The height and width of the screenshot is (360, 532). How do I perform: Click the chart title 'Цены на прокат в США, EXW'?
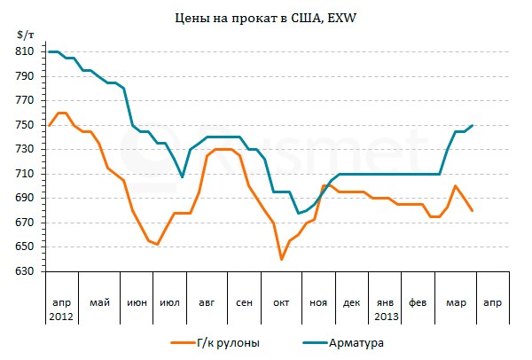click(x=265, y=17)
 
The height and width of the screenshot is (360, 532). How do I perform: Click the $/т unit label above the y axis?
click(x=25, y=34)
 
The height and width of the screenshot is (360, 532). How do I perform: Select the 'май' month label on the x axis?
click(x=99, y=303)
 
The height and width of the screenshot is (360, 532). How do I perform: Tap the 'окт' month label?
click(x=281, y=303)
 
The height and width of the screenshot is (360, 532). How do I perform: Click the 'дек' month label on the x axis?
click(x=351, y=303)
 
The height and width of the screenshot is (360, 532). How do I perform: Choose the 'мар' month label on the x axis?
click(x=455, y=303)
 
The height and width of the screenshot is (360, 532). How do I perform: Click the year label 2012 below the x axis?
click(x=61, y=317)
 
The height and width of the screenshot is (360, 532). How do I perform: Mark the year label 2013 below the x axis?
click(x=387, y=317)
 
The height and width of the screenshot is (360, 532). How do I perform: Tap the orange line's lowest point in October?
click(x=281, y=259)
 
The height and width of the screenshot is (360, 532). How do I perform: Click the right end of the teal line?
click(x=473, y=125)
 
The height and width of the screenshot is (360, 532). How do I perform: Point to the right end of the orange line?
click(x=473, y=210)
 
